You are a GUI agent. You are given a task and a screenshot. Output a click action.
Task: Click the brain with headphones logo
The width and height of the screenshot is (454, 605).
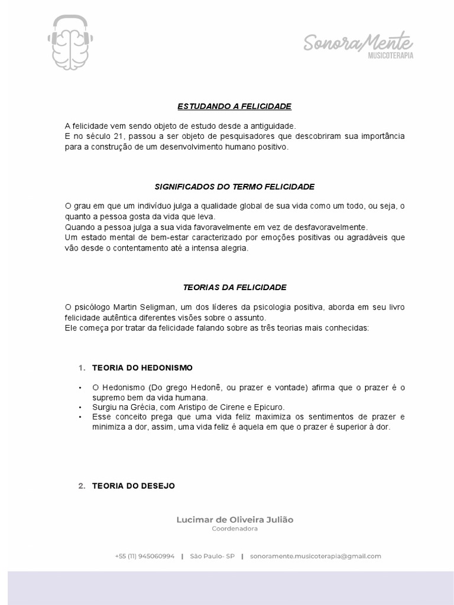(70, 43)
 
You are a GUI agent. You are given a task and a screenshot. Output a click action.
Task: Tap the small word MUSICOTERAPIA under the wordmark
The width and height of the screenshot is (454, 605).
(390, 56)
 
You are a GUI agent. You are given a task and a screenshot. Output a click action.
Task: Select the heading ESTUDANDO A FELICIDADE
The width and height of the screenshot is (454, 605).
(235, 106)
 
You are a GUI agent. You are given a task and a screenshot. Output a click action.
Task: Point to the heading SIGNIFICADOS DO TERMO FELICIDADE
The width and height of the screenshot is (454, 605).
(235, 187)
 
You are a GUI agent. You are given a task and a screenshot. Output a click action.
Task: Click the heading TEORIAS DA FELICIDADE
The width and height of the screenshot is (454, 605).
(235, 287)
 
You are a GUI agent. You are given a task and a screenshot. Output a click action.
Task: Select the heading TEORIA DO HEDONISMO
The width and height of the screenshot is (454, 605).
(142, 367)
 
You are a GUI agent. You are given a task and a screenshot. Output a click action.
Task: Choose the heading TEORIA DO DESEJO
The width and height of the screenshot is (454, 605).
(134, 486)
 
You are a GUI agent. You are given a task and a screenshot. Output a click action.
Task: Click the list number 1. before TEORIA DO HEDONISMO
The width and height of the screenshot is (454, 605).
(82, 367)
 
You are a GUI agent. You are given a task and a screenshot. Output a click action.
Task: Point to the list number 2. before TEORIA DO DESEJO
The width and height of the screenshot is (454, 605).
(82, 486)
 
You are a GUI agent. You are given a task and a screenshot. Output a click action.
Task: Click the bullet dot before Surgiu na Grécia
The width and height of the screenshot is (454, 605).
(80, 407)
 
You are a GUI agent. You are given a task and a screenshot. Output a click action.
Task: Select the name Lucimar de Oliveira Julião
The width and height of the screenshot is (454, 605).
(235, 520)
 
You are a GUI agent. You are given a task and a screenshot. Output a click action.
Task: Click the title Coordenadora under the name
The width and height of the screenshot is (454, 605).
(235, 529)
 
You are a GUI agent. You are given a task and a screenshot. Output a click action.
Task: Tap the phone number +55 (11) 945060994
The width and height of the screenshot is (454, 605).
(145, 556)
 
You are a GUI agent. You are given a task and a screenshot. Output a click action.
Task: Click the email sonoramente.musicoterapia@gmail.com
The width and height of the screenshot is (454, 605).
(316, 556)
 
